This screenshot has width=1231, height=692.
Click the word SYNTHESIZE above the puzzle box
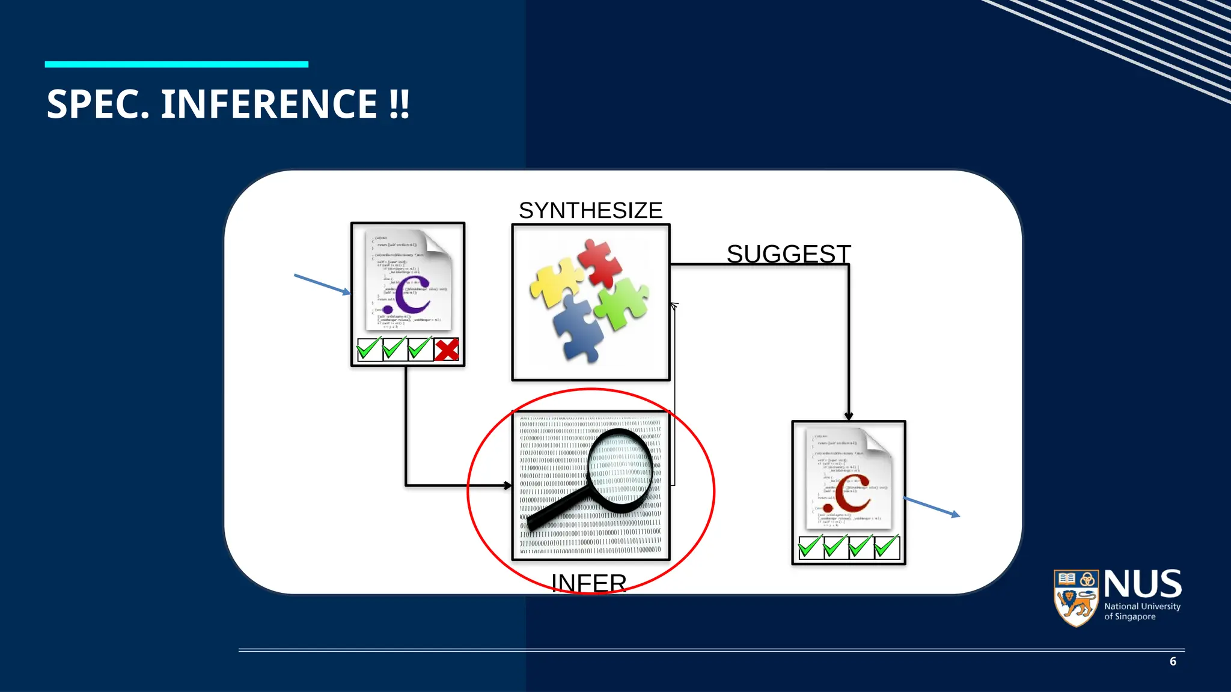pos(590,211)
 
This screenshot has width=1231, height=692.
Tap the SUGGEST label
pos(789,254)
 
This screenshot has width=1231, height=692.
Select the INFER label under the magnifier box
pos(589,583)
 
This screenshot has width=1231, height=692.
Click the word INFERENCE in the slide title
pos(269,104)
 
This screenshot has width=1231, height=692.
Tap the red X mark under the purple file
pos(447,350)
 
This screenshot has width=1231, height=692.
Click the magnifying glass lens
pos(620,471)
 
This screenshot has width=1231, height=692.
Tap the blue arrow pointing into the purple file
pos(322,284)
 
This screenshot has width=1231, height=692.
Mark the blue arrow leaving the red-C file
pos(932,507)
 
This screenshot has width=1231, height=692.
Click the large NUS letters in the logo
pos(1143,584)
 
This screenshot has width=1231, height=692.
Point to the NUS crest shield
pos(1076,598)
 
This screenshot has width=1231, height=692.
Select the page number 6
pos(1173,661)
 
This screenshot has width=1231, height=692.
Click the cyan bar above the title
pos(177,64)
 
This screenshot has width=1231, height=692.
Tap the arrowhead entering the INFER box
pos(508,485)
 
